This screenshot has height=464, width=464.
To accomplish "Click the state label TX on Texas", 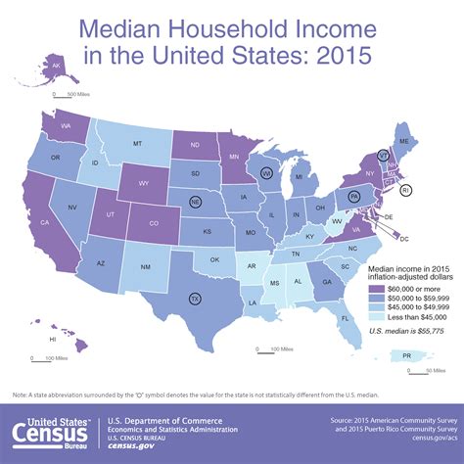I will coord(194,299).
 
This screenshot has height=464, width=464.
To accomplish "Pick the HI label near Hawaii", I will coord(51,338).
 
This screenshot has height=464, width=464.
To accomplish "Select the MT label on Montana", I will coord(137,144).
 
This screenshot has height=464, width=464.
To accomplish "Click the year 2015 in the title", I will coord(340,52).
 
